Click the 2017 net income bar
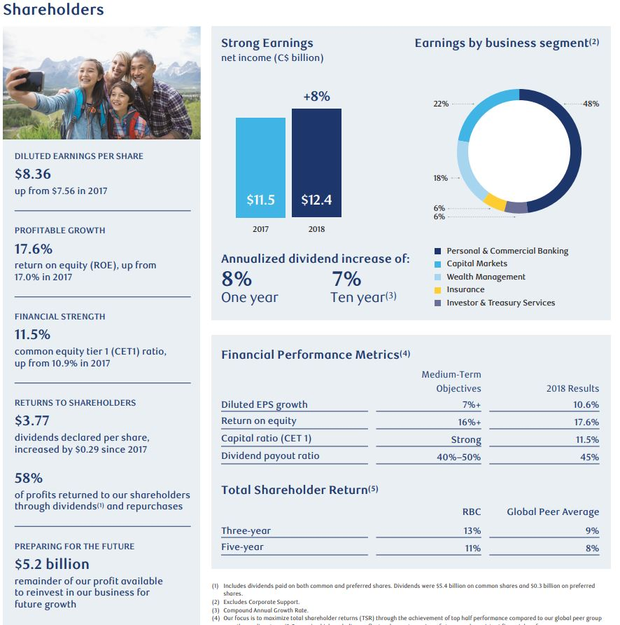point(260,166)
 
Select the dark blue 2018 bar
point(316,161)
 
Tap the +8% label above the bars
point(316,97)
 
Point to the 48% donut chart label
point(591,104)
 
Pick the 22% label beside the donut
point(441,104)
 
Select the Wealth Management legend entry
point(486,277)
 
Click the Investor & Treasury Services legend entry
point(500,303)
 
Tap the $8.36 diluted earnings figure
point(33,174)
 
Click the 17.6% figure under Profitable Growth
point(34,249)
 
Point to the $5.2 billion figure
point(52,564)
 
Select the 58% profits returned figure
point(29,478)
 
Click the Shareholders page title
point(53,9)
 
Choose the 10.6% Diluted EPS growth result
point(586,404)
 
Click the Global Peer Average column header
point(553,511)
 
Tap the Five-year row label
point(242,547)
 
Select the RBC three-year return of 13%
point(472,530)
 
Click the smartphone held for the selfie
point(29,81)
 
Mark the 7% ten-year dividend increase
point(346,280)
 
